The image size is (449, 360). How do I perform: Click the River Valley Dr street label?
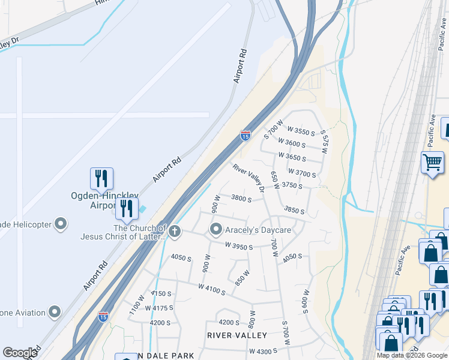point(249,179)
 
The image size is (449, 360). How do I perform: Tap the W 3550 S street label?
point(301,131)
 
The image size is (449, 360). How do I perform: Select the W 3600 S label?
point(292,144)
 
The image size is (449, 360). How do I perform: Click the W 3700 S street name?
point(302,173)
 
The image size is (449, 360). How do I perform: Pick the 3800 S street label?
point(241,199)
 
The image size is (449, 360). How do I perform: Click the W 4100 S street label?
point(211,289)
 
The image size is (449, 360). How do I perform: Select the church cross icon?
point(175,230)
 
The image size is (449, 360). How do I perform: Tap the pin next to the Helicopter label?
point(60,224)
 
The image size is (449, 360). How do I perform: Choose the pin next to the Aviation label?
point(55,312)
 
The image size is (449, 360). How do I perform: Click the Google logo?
point(20,353)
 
